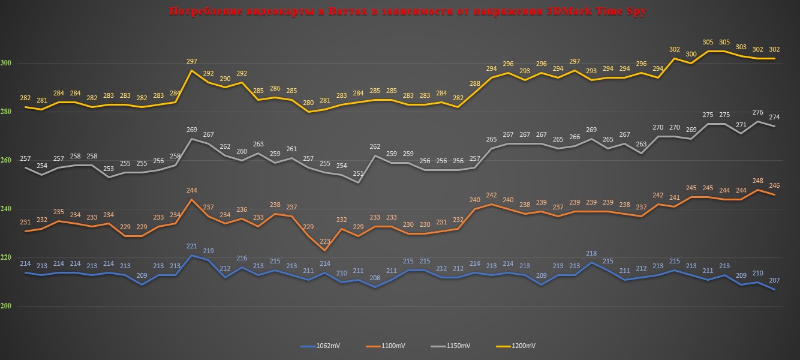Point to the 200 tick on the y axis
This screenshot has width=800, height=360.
point(6,306)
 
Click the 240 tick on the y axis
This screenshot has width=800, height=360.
point(6,209)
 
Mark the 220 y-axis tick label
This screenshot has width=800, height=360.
point(6,257)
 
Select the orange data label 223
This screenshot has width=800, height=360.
point(324,241)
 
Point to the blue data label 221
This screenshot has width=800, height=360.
point(192,246)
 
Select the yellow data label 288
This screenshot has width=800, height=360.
point(475,83)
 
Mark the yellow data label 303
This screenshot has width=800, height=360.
point(741,47)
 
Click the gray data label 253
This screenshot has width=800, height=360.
point(109,169)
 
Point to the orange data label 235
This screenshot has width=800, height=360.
point(59,212)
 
